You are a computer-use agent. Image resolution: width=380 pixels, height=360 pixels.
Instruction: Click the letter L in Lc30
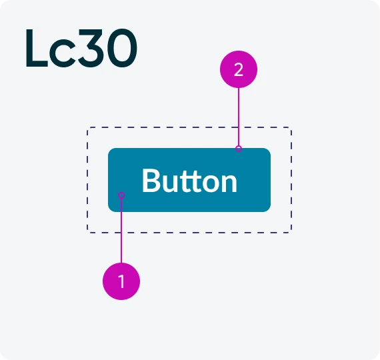(x=37, y=48)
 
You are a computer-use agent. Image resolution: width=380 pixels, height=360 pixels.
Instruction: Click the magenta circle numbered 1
(x=121, y=281)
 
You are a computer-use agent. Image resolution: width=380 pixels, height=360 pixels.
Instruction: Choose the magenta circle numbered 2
(x=239, y=69)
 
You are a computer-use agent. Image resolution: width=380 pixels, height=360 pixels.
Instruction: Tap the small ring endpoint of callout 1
(x=121, y=195)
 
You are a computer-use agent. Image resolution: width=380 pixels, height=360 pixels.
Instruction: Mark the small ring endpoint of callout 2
(x=239, y=149)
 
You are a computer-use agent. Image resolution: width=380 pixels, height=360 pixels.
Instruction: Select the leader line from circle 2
(x=239, y=117)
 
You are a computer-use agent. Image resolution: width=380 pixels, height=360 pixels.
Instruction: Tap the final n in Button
(x=228, y=183)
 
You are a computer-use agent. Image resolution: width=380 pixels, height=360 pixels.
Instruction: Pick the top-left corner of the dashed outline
(x=88, y=127)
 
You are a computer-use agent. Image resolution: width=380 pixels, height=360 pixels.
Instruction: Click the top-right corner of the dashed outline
(x=291, y=127)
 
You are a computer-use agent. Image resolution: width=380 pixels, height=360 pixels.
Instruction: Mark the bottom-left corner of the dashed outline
(x=88, y=232)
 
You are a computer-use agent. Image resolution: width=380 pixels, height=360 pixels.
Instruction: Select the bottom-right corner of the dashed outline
(x=291, y=232)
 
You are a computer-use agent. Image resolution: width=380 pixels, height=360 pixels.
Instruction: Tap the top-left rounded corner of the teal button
(x=110, y=150)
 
